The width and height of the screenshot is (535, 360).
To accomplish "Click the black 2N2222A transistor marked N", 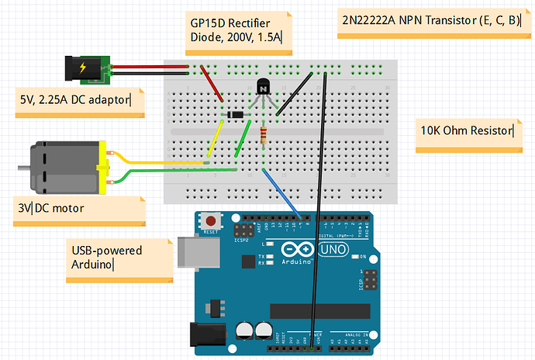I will click(x=264, y=88).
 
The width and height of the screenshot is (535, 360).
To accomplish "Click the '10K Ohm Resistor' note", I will click(x=467, y=130).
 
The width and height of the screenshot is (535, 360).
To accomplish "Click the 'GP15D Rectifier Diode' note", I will click(x=237, y=30).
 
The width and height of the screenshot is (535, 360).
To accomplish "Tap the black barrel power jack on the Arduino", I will click(x=206, y=334).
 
